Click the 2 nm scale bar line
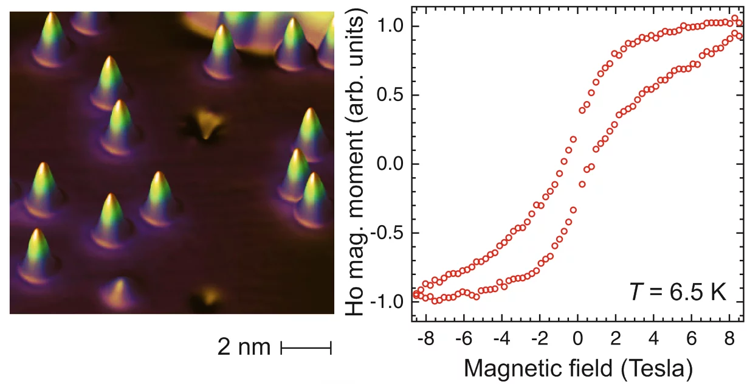(x=306, y=348)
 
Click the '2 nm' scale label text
(x=244, y=347)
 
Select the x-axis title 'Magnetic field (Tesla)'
(x=577, y=368)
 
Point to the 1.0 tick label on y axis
(x=391, y=26)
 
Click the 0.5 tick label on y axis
(x=391, y=96)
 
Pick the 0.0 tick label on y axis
(x=391, y=164)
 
